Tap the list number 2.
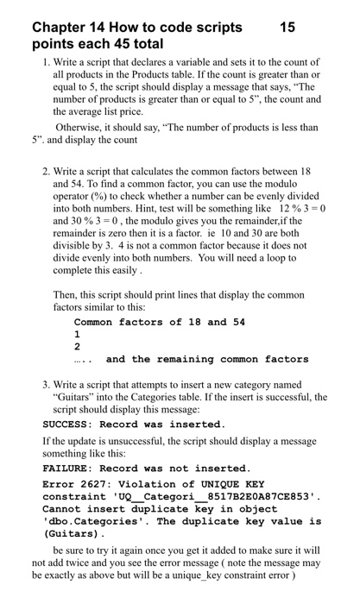point(46,171)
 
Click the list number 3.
point(46,385)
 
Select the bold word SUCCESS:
point(69,425)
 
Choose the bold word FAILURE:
point(69,469)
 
